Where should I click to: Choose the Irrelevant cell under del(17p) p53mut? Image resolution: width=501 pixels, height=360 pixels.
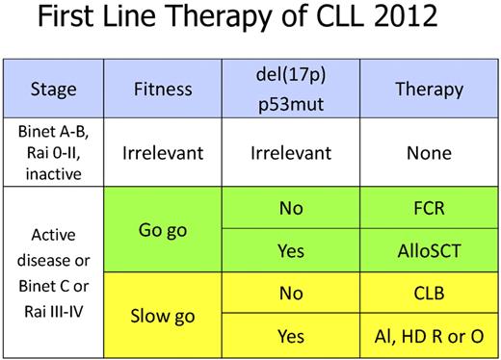click(291, 153)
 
